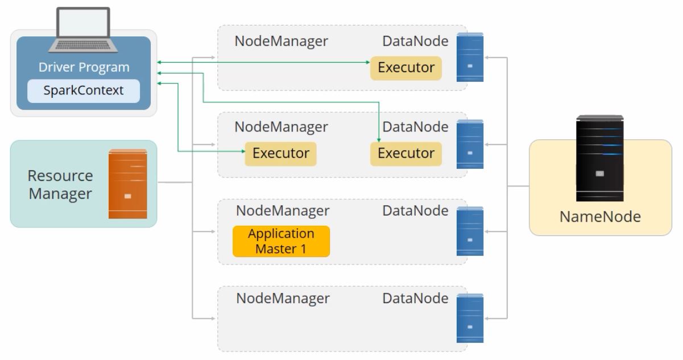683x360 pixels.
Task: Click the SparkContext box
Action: click(84, 91)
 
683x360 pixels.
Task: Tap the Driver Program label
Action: click(84, 67)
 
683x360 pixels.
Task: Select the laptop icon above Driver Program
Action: click(83, 30)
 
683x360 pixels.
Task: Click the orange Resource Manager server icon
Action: click(128, 184)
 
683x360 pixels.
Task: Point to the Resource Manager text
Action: click(60, 184)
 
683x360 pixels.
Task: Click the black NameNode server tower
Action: click(600, 158)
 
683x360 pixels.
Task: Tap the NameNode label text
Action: click(600, 217)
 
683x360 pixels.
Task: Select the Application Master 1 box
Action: click(281, 241)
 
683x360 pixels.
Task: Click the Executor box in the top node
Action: click(406, 68)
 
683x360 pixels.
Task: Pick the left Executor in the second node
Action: click(281, 154)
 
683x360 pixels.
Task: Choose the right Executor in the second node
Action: click(406, 154)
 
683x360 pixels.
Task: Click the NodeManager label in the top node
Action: click(281, 42)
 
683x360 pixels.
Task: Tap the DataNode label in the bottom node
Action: click(415, 299)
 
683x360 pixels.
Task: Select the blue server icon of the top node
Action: click(470, 57)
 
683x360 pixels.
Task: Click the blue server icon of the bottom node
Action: click(470, 318)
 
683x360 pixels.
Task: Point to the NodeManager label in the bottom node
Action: click(283, 299)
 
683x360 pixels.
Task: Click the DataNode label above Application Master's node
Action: click(415, 211)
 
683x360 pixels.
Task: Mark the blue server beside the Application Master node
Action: click(470, 231)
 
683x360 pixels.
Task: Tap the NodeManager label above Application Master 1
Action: click(283, 211)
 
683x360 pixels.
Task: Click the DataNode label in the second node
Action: click(415, 127)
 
